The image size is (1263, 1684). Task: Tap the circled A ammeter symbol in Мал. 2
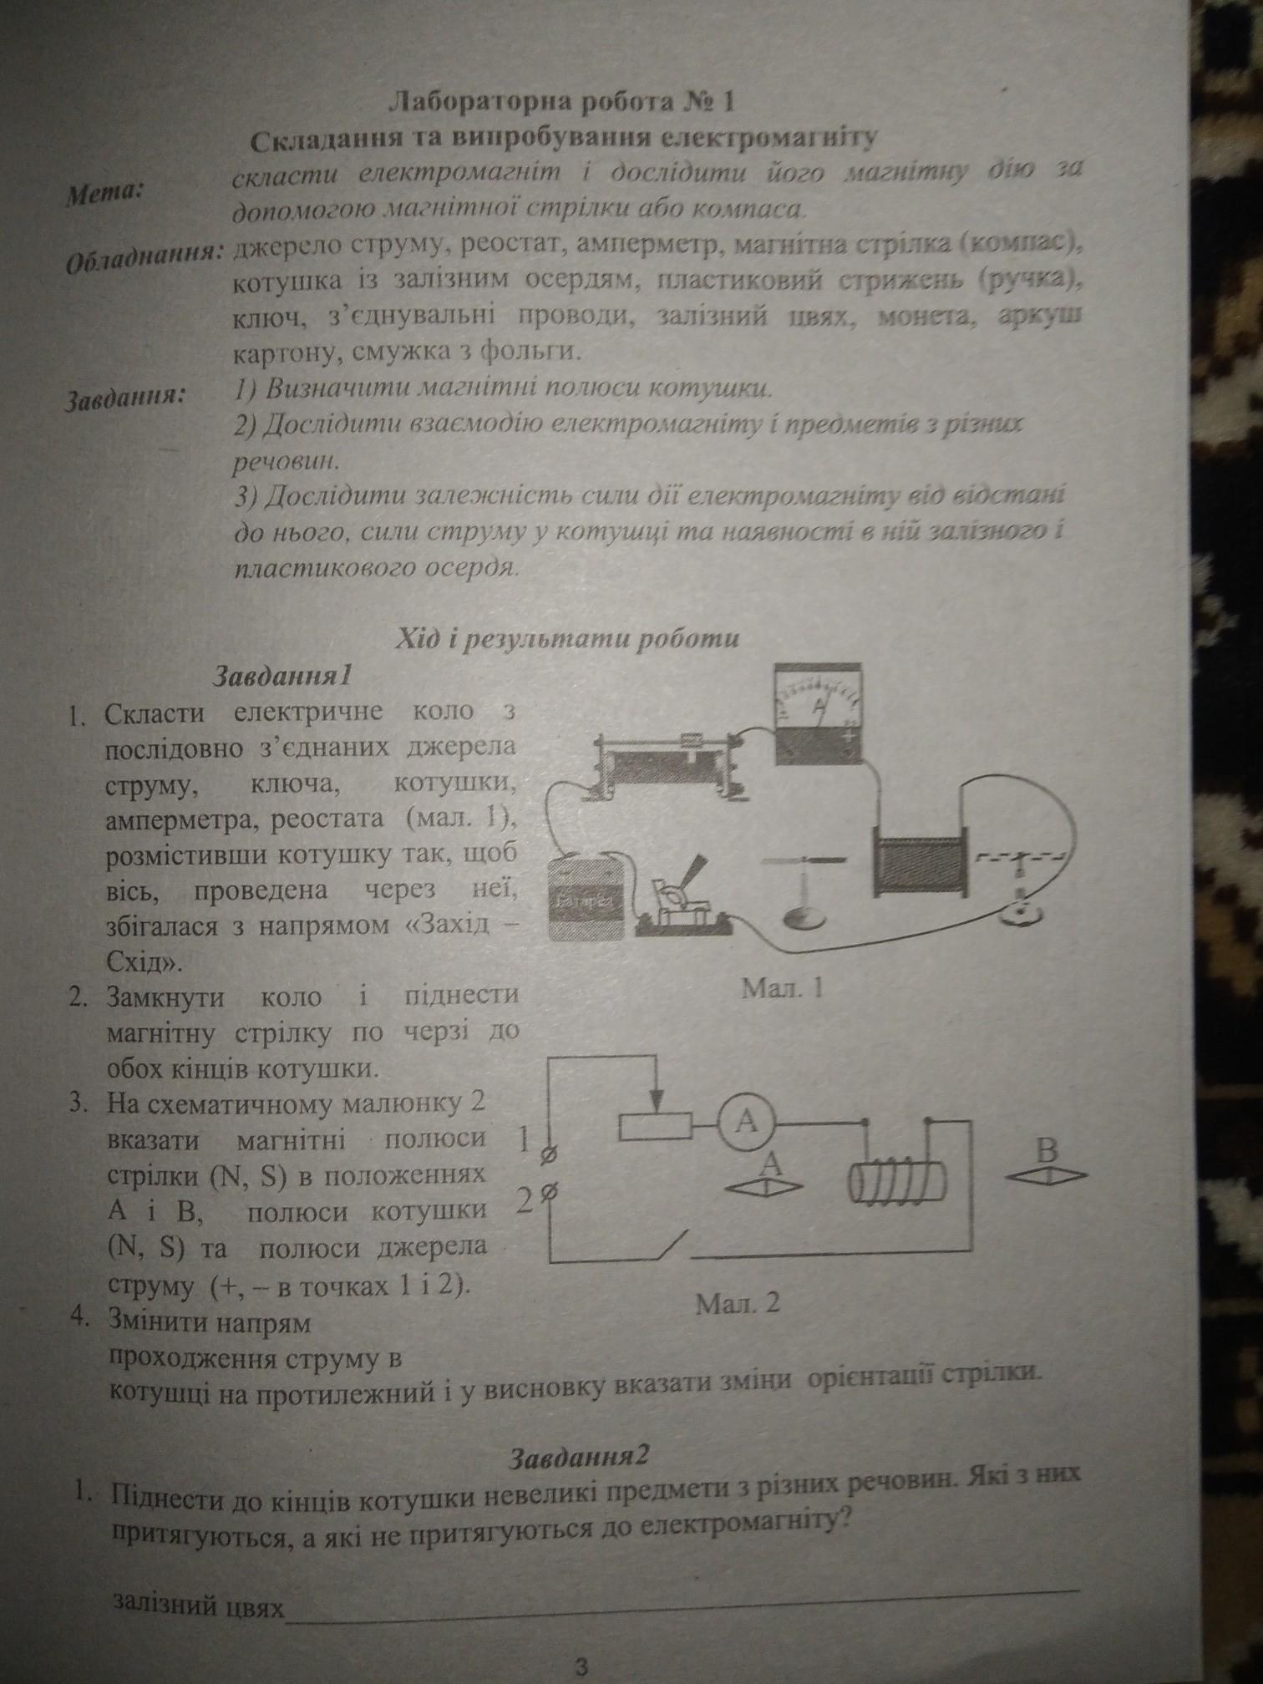coord(746,1124)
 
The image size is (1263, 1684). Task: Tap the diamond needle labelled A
coord(765,1184)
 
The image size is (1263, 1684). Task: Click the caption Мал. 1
coord(783,988)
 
